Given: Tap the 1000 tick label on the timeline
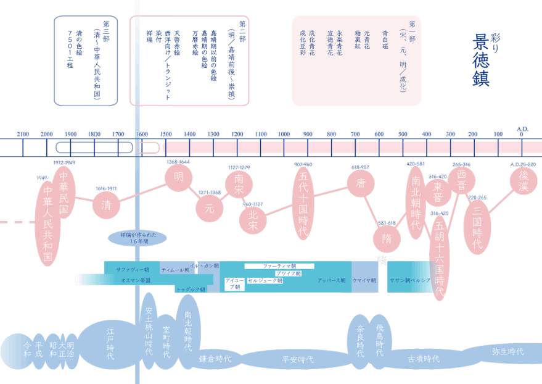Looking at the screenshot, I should [284, 134].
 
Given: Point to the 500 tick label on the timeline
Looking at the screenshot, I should [403, 134].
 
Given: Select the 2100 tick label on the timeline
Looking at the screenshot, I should [23, 134].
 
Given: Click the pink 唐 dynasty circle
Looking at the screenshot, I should [361, 182].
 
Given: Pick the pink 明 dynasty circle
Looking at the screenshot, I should [178, 178].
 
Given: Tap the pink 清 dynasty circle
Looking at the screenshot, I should [105, 205].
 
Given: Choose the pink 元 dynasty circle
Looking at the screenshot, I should [210, 208].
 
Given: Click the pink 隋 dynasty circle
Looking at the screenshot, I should [387, 238].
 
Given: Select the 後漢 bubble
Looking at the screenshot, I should [523, 182].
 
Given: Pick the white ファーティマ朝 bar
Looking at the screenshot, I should [279, 265].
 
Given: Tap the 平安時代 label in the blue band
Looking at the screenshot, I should [297, 359].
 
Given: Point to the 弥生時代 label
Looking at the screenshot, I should [508, 351].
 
